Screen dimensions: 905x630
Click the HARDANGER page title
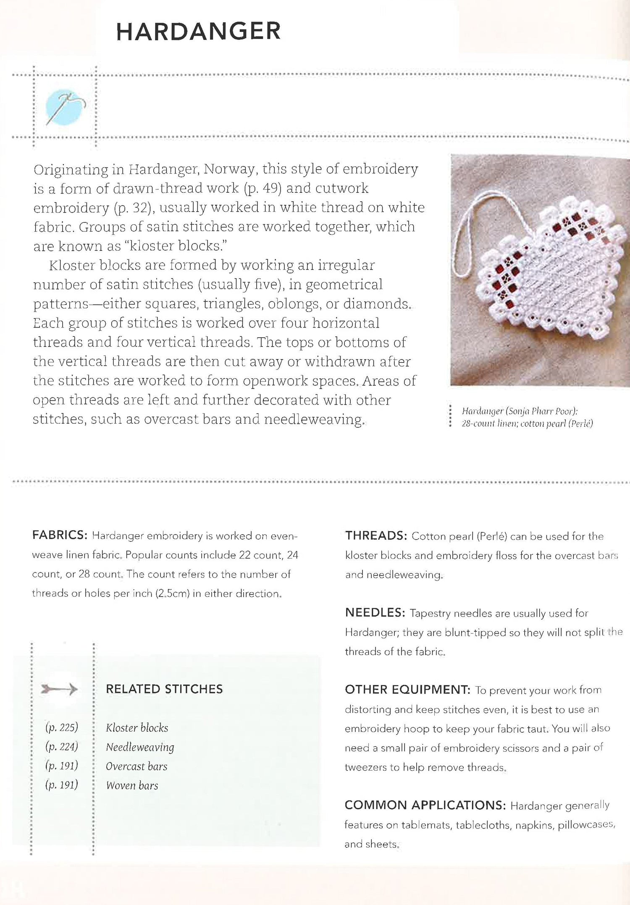coord(198,31)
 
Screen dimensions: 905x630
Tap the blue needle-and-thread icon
coord(66,107)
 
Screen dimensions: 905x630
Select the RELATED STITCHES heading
coord(164,689)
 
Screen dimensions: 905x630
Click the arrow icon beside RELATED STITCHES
coord(59,689)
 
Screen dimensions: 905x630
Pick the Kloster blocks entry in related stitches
coord(137,728)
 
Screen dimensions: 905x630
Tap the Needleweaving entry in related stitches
coord(140,747)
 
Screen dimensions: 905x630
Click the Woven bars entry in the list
coord(132,786)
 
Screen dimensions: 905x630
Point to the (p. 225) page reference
coord(62,728)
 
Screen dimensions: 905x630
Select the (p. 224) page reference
coord(62,747)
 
